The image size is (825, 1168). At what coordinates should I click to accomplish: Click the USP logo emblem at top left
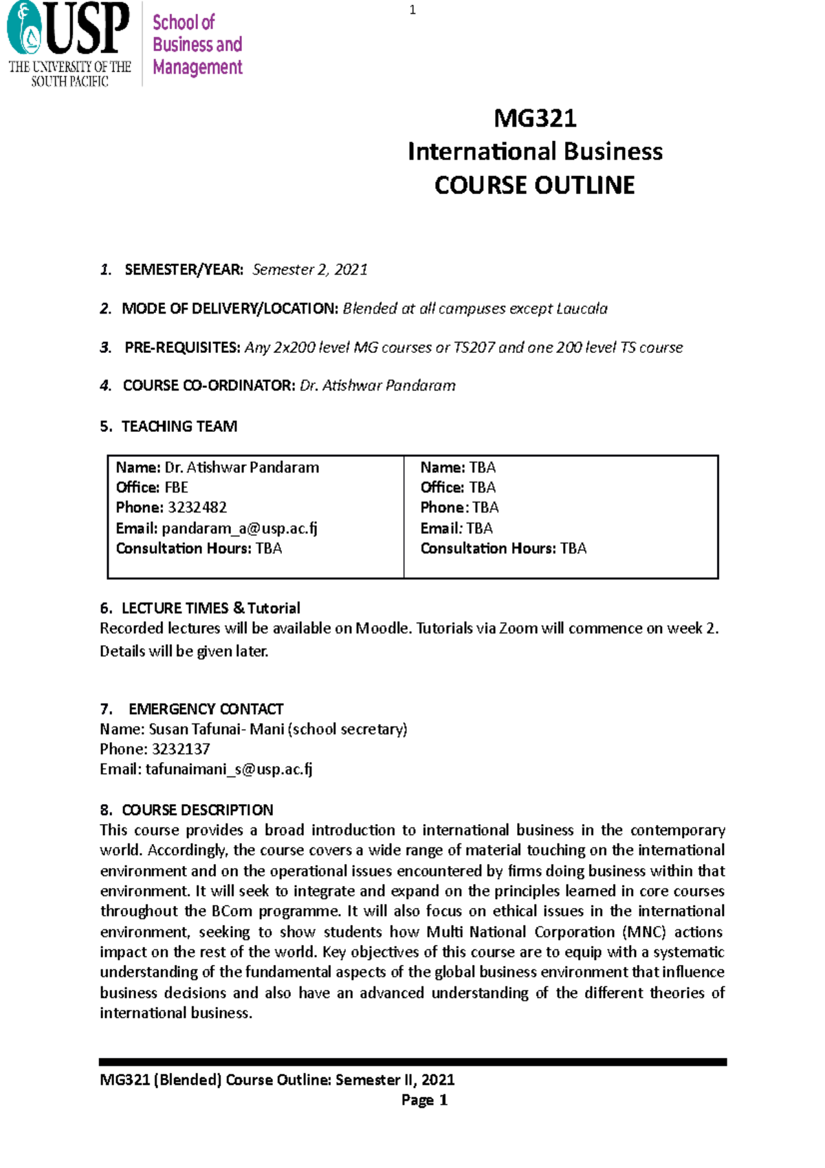tap(25, 29)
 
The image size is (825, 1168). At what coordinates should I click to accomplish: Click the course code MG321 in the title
tap(535, 118)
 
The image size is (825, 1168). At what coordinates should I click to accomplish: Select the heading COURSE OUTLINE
tap(535, 185)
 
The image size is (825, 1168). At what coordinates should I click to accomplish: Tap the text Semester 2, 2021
tap(309, 270)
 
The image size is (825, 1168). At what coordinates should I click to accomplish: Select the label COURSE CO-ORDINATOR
tap(208, 386)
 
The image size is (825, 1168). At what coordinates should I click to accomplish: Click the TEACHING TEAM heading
tap(179, 426)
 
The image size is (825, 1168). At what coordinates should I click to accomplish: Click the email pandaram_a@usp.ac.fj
tap(239, 528)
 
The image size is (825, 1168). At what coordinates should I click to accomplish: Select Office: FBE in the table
tap(152, 488)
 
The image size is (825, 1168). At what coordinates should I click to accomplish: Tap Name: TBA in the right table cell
tap(458, 468)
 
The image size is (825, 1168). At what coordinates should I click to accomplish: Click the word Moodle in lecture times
tap(382, 629)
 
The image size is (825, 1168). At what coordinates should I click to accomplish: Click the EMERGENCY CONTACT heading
tap(206, 709)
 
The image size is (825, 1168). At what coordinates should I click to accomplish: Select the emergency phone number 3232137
tap(181, 749)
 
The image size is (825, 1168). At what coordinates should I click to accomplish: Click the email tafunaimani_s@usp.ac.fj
tap(229, 770)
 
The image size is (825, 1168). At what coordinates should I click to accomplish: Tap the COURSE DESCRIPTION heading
tap(197, 810)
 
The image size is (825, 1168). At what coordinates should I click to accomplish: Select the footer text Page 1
tap(424, 1100)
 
